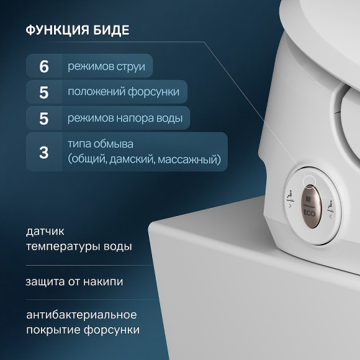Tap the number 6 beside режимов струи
tap(44, 66)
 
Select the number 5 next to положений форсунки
tap(44, 92)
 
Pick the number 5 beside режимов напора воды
tap(44, 118)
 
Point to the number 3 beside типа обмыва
tap(44, 152)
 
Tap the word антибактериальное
tap(81, 315)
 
